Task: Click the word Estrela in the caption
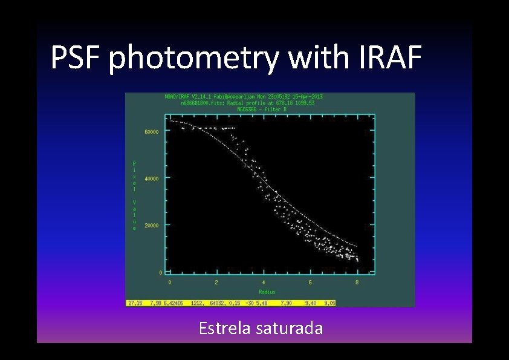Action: point(224,329)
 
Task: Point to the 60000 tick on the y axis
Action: point(152,131)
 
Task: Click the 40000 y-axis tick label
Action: point(152,178)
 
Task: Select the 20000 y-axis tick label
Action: point(152,225)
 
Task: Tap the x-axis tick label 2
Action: point(216,282)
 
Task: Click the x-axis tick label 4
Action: point(264,282)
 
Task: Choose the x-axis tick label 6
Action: point(310,282)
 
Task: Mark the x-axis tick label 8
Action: point(357,282)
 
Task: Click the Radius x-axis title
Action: point(263,292)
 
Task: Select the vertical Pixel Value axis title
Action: point(134,195)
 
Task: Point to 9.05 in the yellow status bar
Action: point(329,303)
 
